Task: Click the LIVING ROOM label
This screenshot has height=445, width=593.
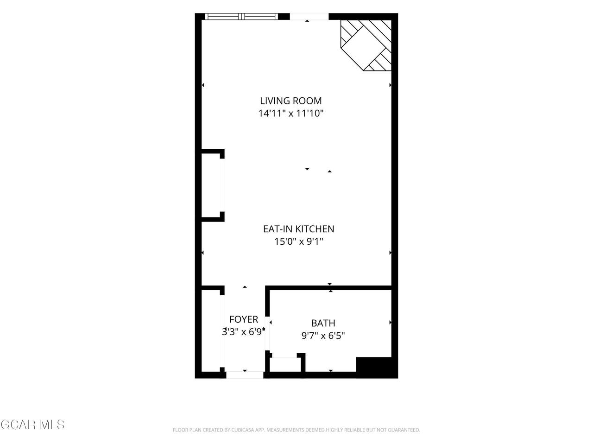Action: (x=290, y=101)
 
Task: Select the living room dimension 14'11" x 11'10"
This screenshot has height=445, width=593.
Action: (x=290, y=113)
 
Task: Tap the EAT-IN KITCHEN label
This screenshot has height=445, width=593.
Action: (x=298, y=229)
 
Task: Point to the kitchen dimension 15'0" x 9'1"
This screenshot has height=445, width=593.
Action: (x=298, y=242)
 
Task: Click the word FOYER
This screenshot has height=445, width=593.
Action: (x=244, y=319)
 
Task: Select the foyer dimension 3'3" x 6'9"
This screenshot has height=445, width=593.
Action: (x=243, y=331)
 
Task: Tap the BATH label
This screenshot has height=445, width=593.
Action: (x=323, y=323)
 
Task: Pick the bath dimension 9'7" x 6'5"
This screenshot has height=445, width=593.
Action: (x=323, y=336)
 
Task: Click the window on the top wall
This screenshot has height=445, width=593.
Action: (x=241, y=17)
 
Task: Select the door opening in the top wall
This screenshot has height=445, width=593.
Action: (x=309, y=17)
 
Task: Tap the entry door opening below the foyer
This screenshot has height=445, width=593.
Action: (x=245, y=375)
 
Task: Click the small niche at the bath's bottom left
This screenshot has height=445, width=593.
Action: (x=285, y=365)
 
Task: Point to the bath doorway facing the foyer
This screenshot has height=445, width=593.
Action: (x=267, y=333)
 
